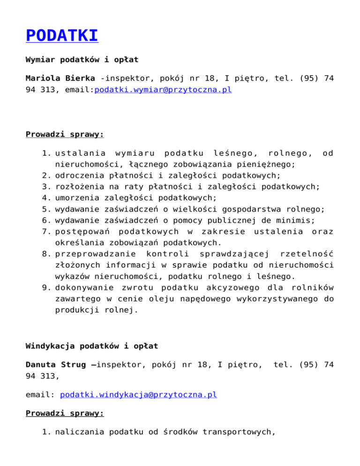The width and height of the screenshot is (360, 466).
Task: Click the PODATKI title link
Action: [x=61, y=36]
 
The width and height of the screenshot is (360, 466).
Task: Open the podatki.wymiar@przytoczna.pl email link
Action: [x=163, y=90]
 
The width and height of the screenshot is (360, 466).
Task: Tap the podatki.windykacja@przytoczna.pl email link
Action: [x=138, y=395]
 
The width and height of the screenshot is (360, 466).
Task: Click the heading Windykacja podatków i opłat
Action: [x=91, y=346]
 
